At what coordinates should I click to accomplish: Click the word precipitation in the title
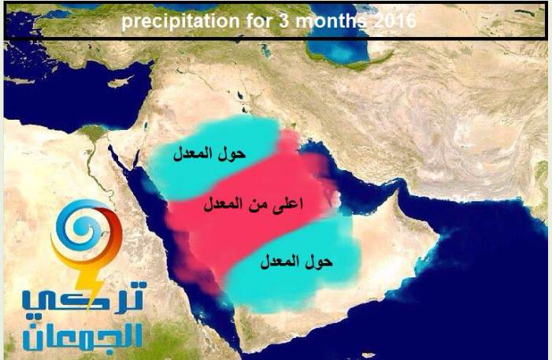(x=180, y=21)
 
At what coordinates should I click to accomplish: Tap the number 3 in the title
(x=284, y=21)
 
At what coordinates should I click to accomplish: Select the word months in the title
(x=330, y=21)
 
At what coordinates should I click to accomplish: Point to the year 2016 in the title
(x=394, y=21)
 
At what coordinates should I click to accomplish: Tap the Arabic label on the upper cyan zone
(x=209, y=154)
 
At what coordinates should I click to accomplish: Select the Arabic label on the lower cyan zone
(x=296, y=262)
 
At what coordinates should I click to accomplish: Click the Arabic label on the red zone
(x=253, y=204)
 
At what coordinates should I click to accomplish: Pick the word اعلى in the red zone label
(x=287, y=204)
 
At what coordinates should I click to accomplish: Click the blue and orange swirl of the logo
(x=87, y=232)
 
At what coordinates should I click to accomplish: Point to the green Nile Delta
(x=93, y=133)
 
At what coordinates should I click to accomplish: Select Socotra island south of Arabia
(x=369, y=354)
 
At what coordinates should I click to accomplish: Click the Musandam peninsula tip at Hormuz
(x=398, y=190)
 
